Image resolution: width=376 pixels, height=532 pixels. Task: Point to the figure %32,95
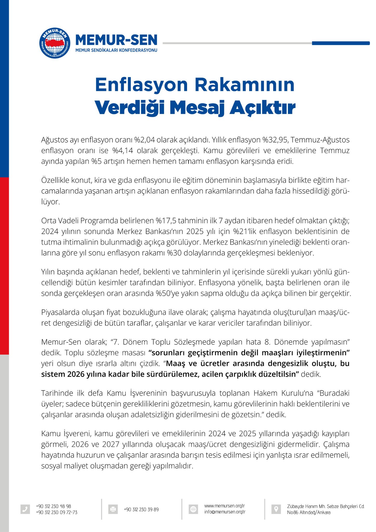pyautogui.click(x=275, y=140)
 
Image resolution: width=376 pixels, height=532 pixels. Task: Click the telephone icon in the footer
pyautogui.click(x=25, y=509)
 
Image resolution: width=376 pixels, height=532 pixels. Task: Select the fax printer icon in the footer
pyautogui.click(x=113, y=509)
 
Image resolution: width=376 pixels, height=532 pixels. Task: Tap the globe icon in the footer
pyautogui.click(x=193, y=509)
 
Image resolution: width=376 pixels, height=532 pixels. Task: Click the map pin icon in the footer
pyautogui.click(x=276, y=509)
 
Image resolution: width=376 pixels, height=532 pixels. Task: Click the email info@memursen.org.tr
pyautogui.click(x=225, y=512)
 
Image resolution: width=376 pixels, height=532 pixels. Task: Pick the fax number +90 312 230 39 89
pyautogui.click(x=141, y=510)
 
